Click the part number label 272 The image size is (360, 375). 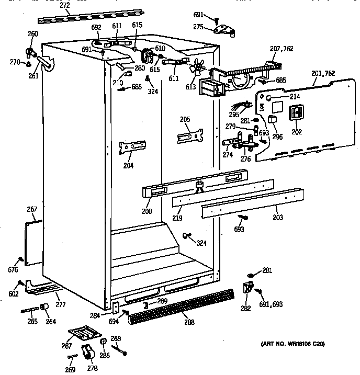click(64, 5)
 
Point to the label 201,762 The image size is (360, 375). click(323, 73)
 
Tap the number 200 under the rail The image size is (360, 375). click(147, 211)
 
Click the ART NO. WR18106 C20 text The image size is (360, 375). click(292, 344)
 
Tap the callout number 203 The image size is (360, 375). click(277, 217)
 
